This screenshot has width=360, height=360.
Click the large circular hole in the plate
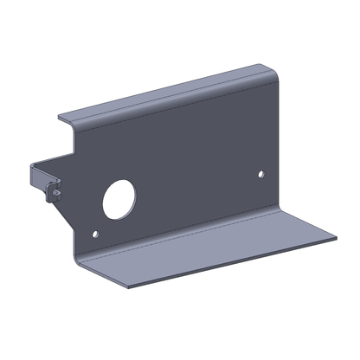coord(115,201)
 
